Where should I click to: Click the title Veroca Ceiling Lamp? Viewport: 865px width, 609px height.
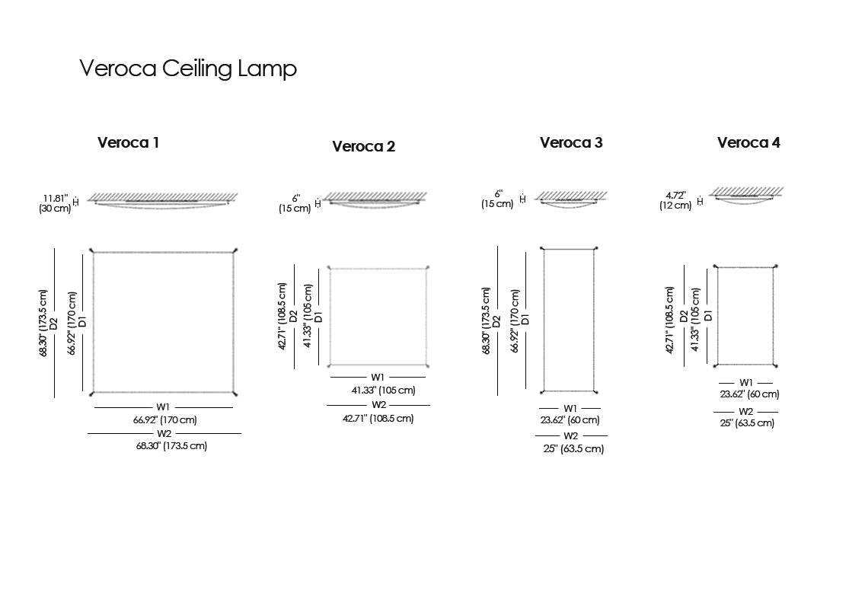pos(188,69)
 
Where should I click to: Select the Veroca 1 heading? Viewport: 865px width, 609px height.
pos(128,142)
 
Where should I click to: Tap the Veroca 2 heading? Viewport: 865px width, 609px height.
pos(363,146)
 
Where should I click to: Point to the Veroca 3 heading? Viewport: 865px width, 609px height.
pos(571,142)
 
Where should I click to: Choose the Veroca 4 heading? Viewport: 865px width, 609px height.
pos(748,142)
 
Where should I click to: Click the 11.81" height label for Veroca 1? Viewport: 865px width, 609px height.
pos(56,199)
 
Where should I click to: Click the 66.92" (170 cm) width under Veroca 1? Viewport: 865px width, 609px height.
pos(164,419)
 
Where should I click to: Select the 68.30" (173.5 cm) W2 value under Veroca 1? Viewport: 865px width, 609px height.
pos(171,446)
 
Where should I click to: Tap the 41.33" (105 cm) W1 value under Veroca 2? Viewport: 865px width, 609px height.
pos(383,391)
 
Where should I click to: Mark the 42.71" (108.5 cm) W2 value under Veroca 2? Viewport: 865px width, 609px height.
pos(378,418)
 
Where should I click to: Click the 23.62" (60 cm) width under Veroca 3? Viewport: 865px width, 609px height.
pos(570,419)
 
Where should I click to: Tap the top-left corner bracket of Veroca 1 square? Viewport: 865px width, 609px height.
pos(91,250)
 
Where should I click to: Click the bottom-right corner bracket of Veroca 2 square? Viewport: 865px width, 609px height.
pos(428,365)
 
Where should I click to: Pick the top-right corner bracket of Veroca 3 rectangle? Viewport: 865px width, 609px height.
pos(596,247)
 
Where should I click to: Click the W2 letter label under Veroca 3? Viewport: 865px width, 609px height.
pos(571,436)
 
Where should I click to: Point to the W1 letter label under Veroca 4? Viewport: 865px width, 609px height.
pos(745,382)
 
